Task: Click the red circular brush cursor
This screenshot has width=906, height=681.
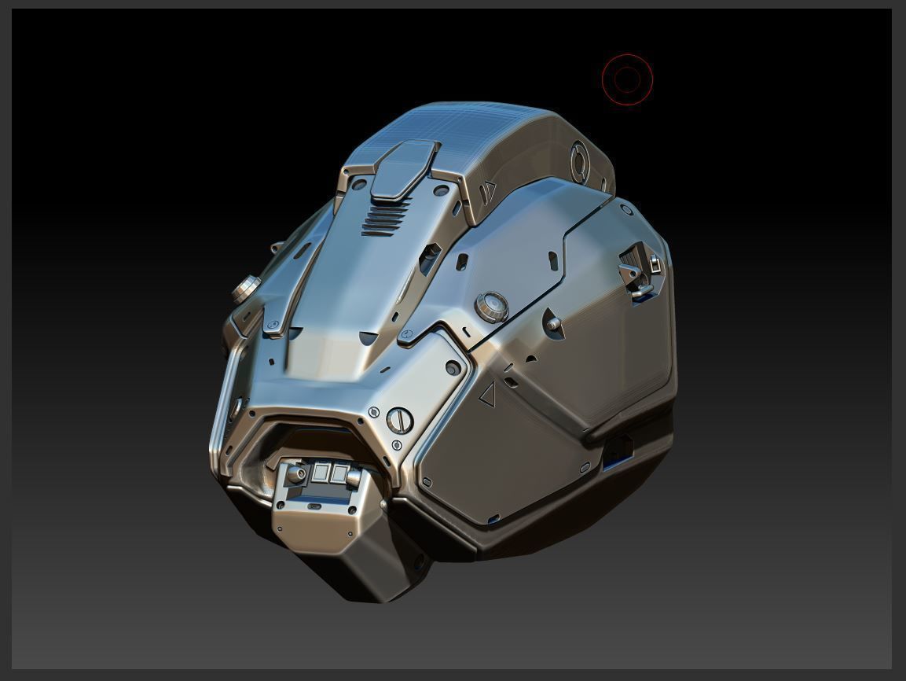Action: click(x=627, y=79)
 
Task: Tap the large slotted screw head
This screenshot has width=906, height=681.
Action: click(x=400, y=420)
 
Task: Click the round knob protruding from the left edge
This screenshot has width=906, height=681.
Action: click(x=246, y=289)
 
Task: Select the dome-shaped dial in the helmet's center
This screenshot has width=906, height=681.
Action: click(x=491, y=306)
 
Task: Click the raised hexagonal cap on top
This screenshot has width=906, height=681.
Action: click(x=403, y=168)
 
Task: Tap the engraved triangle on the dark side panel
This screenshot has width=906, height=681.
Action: click(x=487, y=394)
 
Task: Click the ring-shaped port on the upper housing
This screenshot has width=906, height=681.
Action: click(x=579, y=162)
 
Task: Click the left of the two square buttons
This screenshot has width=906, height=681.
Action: click(x=321, y=473)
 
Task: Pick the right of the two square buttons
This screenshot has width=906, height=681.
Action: click(x=339, y=473)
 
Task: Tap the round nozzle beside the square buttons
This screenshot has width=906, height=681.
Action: click(x=296, y=474)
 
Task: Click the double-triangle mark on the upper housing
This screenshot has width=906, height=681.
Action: click(x=489, y=190)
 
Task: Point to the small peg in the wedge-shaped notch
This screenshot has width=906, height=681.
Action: click(x=553, y=323)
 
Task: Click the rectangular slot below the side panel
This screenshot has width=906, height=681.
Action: click(x=618, y=450)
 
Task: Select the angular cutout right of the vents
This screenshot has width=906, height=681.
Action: click(x=429, y=257)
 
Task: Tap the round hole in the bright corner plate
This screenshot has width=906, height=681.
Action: click(x=453, y=367)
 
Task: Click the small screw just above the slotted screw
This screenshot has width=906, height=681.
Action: click(x=374, y=412)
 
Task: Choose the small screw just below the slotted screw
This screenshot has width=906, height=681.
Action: click(x=397, y=446)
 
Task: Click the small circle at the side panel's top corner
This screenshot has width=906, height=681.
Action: click(x=626, y=210)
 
